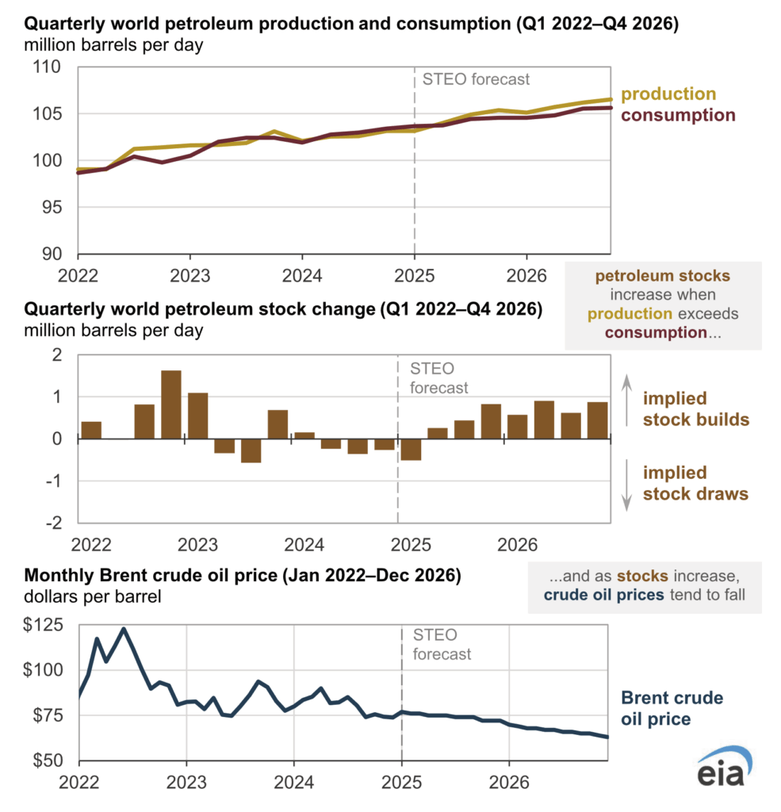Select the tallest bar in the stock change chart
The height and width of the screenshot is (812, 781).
tap(170, 404)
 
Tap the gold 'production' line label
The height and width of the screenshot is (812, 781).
tap(668, 94)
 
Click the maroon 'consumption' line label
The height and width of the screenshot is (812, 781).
tap(678, 115)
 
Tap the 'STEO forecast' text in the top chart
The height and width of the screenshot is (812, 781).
tap(477, 79)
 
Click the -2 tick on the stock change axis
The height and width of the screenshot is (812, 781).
tap(55, 523)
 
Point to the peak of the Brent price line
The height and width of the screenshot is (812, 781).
tap(124, 629)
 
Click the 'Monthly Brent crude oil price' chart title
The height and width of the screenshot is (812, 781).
tap(243, 576)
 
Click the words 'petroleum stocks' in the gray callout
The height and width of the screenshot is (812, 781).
tap(663, 276)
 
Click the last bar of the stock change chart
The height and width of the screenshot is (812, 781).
tap(597, 420)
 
